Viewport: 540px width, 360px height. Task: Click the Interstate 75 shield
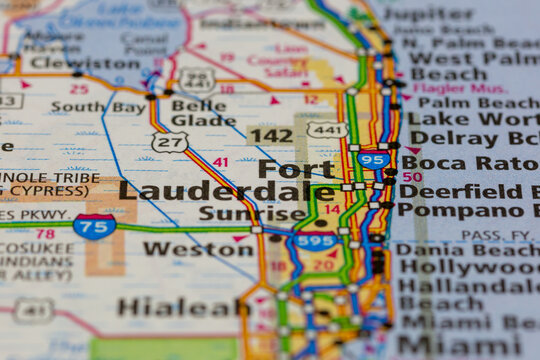94,226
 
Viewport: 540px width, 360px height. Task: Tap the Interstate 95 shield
373,160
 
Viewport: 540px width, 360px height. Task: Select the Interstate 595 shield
315,241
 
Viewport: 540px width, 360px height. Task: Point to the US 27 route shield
170,143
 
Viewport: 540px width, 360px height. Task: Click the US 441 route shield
327,130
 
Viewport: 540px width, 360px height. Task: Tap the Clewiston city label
68,62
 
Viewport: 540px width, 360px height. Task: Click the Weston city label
184,249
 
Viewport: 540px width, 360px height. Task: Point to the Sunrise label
251,213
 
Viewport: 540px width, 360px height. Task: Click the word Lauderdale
227,190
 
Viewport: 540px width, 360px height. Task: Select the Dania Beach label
467,251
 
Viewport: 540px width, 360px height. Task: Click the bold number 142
270,135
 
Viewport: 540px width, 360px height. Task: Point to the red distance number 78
44,234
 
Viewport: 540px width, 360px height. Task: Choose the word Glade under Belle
203,120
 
